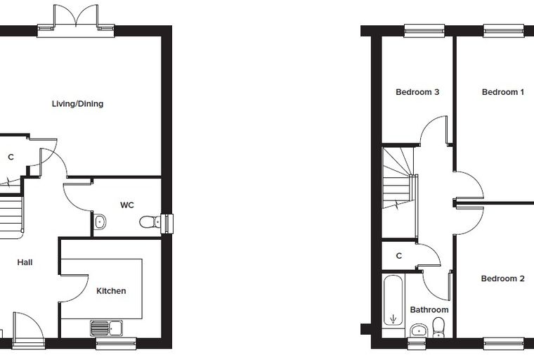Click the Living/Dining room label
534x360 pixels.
tap(78, 104)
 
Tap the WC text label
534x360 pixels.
tap(127, 205)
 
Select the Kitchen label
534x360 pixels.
tap(111, 291)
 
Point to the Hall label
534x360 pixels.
tap(25, 262)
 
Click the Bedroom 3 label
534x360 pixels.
tap(417, 92)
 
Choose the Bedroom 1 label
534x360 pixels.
tap(503, 92)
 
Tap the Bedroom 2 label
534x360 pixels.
tap(502, 278)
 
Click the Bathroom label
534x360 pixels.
tap(429, 309)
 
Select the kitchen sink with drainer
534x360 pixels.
tap(107, 328)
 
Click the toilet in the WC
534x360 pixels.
tap(150, 222)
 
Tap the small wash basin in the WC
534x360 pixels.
tap(99, 222)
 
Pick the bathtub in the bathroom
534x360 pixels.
tap(393, 300)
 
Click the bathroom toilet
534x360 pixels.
tap(438, 327)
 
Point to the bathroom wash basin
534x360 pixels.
tap(419, 330)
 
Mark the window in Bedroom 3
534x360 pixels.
tap(424, 31)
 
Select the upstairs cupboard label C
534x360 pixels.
tap(399, 256)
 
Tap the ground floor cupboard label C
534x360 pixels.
tap(11, 157)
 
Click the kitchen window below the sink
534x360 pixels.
tap(116, 343)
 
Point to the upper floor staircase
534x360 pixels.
tap(398, 178)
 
